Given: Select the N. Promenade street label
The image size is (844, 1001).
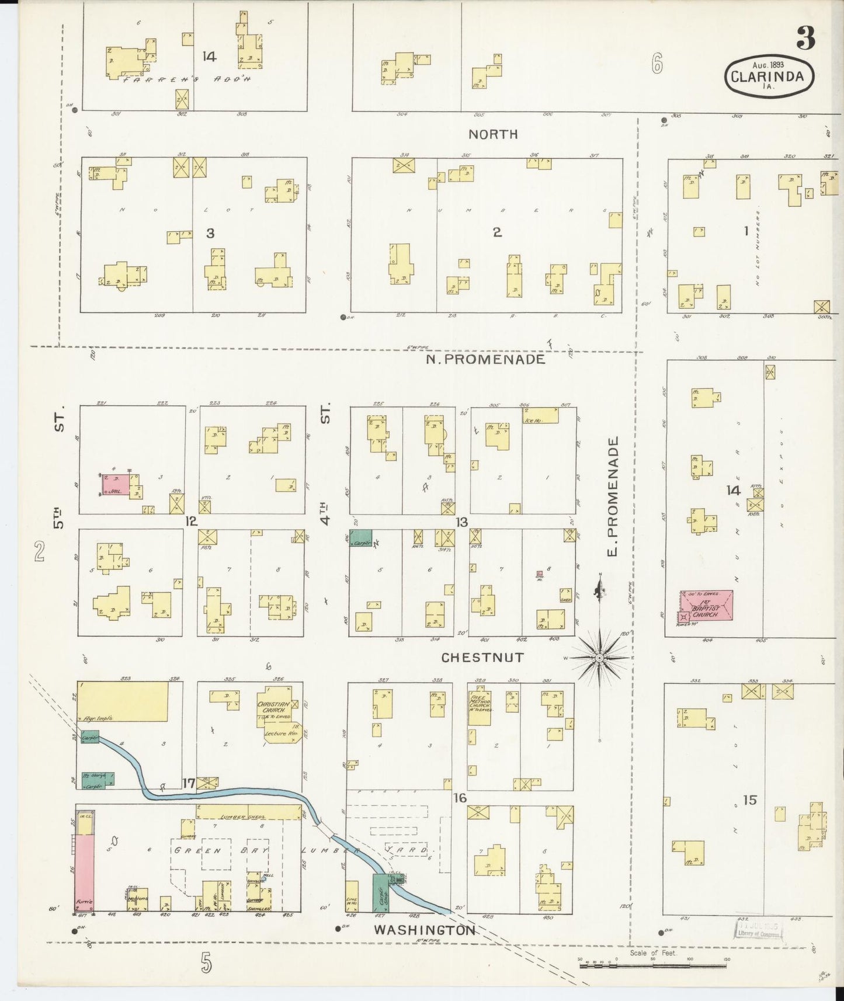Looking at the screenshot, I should pyautogui.click(x=485, y=359).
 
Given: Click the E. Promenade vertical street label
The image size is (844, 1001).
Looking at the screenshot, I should pyautogui.click(x=613, y=496).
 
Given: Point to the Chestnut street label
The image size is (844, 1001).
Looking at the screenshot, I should pyautogui.click(x=482, y=658).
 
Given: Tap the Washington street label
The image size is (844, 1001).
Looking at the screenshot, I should pyautogui.click(x=425, y=930).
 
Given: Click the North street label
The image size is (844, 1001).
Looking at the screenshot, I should pyautogui.click(x=493, y=134).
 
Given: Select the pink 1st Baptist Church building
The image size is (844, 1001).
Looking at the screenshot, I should pyautogui.click(x=707, y=605).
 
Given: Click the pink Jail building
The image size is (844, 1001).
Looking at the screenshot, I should pyautogui.click(x=117, y=485).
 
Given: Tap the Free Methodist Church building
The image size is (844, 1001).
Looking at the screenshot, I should pyautogui.click(x=479, y=708).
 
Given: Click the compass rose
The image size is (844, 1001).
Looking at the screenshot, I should pyautogui.click(x=600, y=658).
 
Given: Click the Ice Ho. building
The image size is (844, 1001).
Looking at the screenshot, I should pyautogui.click(x=540, y=415).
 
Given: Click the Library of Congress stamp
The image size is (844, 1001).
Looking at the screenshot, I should pyautogui.click(x=758, y=929).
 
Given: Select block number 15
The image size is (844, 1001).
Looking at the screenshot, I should pyautogui.click(x=749, y=800).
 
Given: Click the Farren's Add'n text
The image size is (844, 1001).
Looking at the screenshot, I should pyautogui.click(x=186, y=78).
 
